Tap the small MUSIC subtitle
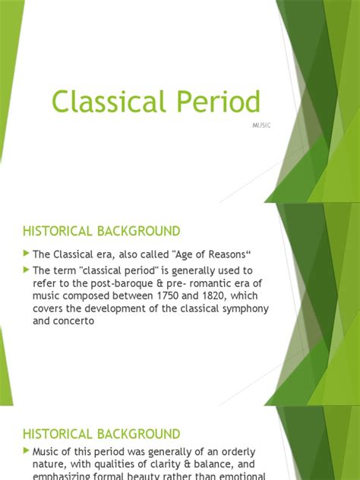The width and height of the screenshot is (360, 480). coord(261,125)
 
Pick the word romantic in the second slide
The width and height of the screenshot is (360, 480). coord(202,283)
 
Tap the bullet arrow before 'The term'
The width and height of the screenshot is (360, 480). coord(27,270)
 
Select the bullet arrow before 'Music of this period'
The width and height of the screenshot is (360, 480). coord(27,452)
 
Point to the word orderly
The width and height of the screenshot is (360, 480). coord(236,452)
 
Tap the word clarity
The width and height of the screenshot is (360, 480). coord(167,465)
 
